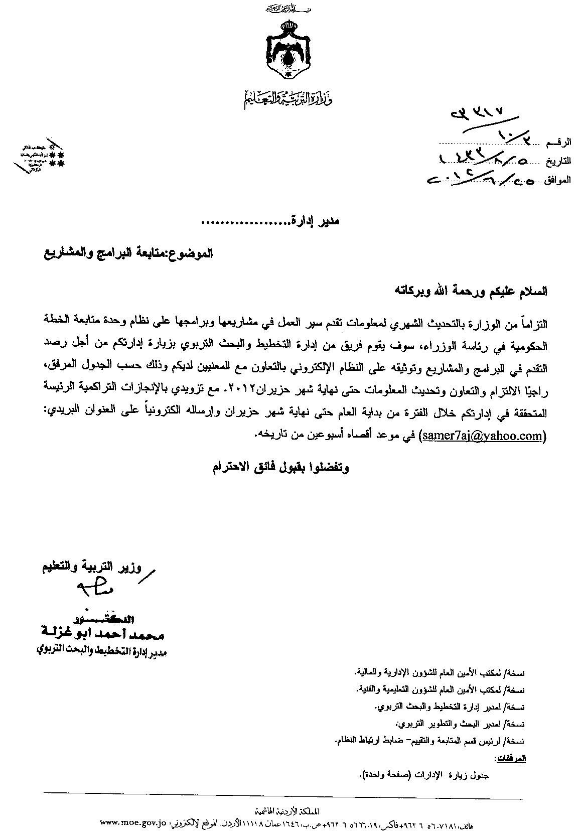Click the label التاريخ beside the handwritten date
point(558,162)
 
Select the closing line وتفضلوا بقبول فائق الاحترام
point(279,468)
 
